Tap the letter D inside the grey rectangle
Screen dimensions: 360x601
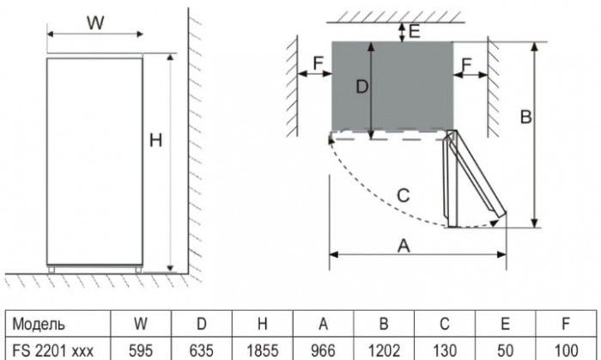(x=362, y=87)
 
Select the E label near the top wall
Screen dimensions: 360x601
(x=414, y=33)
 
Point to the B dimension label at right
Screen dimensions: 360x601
(x=527, y=116)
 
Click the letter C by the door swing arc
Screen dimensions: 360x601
(x=404, y=195)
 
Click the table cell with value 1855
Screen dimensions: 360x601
(x=263, y=350)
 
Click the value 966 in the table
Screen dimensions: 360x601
(x=324, y=350)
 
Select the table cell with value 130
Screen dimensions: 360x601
(x=445, y=350)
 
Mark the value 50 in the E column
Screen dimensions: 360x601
(x=504, y=350)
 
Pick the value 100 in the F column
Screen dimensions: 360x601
(x=564, y=350)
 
